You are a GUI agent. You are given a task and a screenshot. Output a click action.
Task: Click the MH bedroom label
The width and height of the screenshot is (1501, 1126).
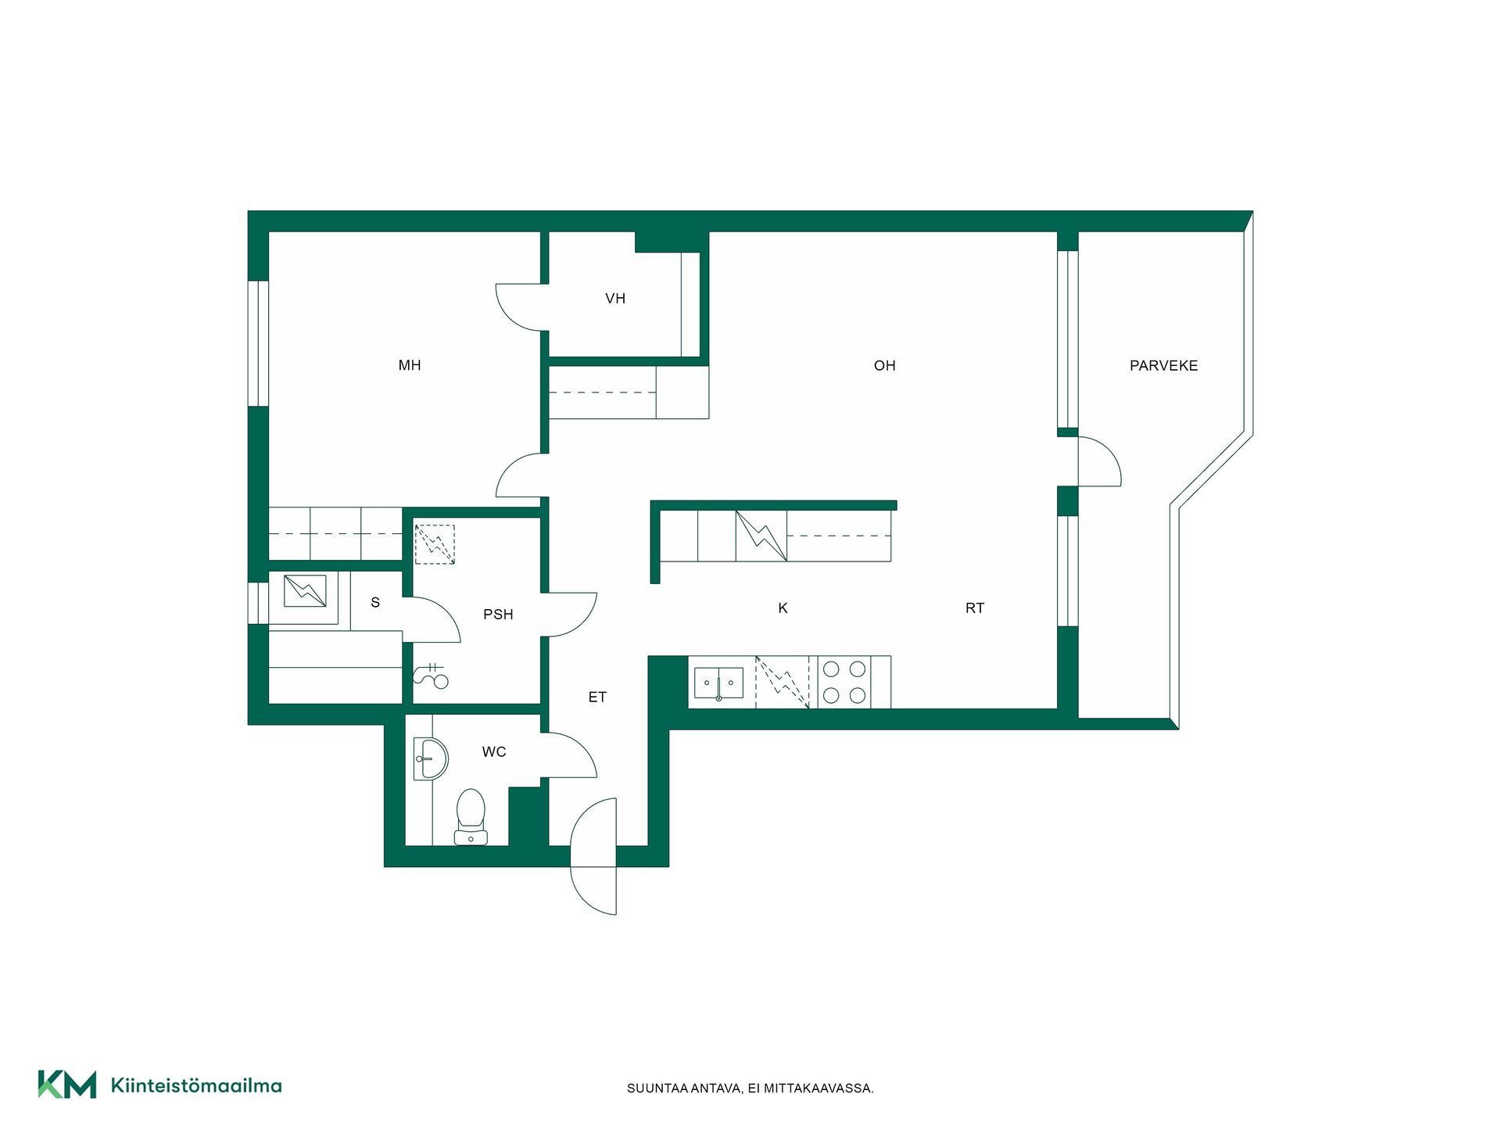[410, 365]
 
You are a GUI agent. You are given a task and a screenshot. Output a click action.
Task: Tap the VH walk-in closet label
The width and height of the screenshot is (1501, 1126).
[615, 298]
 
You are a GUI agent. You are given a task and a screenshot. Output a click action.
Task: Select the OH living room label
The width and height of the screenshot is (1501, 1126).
[885, 365]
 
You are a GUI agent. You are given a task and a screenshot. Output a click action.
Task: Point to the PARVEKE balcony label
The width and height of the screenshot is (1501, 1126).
[1163, 365]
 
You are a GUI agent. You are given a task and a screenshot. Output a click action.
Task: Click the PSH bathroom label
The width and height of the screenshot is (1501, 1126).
[498, 615]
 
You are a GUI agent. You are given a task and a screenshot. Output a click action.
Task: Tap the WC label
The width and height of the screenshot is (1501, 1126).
[494, 751]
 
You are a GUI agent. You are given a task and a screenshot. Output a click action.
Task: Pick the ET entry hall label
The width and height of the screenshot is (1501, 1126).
[597, 697]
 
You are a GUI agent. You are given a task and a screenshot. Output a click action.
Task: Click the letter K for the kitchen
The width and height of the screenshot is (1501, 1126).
[783, 608]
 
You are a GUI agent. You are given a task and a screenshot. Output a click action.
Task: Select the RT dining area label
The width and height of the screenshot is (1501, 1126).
[975, 608]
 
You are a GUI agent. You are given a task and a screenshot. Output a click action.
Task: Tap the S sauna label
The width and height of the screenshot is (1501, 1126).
[375, 602]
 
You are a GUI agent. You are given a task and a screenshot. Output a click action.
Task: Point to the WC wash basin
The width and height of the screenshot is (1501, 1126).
[430, 758]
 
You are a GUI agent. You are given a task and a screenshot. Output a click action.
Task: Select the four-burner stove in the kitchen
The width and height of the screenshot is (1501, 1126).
[844, 682]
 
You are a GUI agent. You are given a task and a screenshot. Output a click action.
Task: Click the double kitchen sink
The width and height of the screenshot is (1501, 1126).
[718, 683]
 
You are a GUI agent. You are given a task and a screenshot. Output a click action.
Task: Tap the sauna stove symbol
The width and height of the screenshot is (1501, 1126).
[305, 591]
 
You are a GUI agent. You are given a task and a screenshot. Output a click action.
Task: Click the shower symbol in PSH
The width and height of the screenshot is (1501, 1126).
[431, 676]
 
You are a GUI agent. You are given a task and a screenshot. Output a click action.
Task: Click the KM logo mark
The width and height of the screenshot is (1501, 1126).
[67, 1085]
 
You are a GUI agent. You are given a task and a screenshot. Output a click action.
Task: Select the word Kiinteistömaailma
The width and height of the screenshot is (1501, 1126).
[196, 1085]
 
